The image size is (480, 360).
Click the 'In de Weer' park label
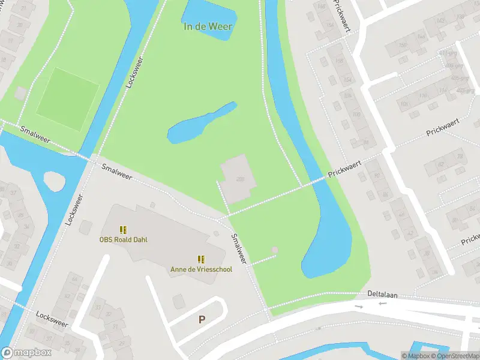coord(208,26)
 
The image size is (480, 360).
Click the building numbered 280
coord(239,179)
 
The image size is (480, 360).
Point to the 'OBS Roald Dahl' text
coord(123,240)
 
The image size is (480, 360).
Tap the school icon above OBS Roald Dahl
coord(123,230)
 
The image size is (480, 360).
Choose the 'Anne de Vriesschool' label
coord(201,269)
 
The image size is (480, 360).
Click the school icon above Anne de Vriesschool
coord(201,259)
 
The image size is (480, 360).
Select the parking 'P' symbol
coord(202,320)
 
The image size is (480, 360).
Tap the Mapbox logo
coord(26,353)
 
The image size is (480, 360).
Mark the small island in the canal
coord(55,179)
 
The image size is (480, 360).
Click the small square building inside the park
coord(275,250)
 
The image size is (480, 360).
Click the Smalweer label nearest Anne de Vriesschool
coord(239,248)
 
